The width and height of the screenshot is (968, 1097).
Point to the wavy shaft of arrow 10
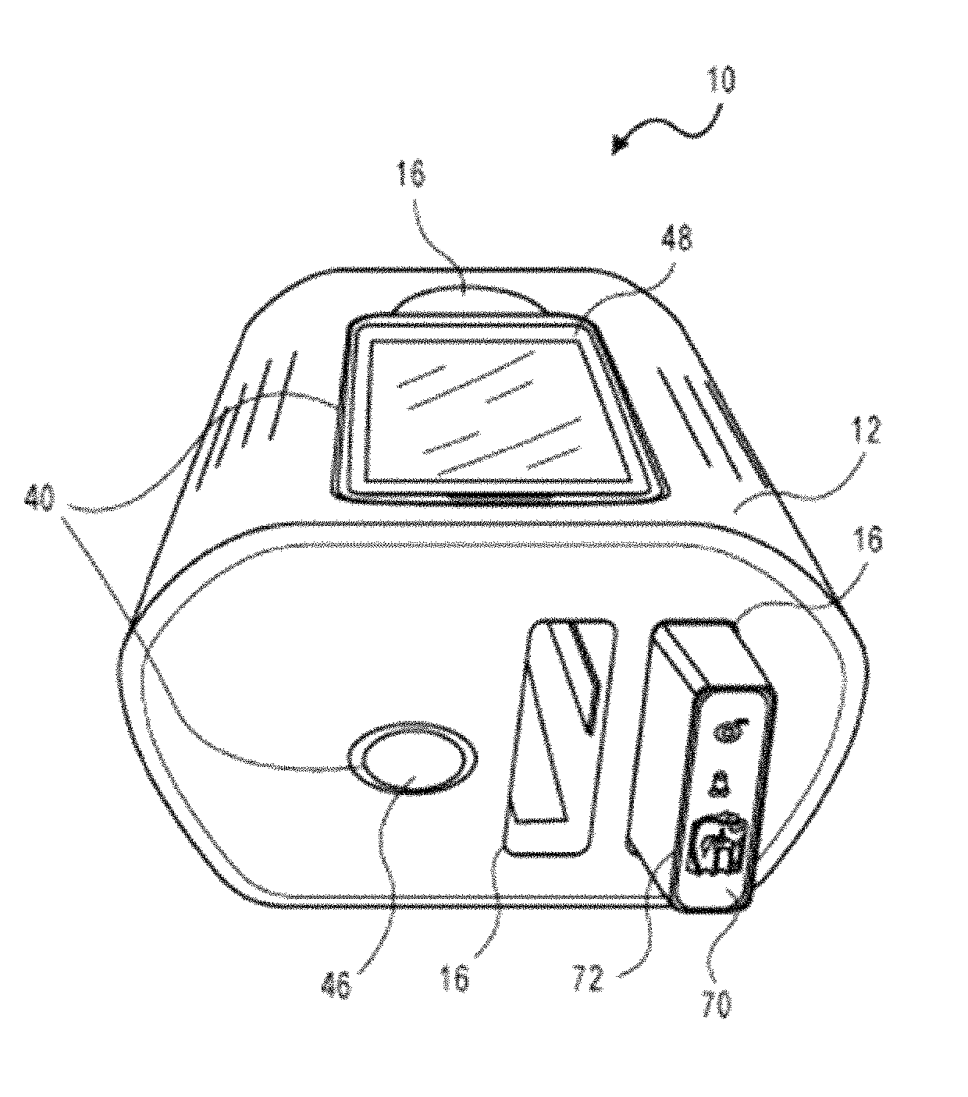671,129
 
